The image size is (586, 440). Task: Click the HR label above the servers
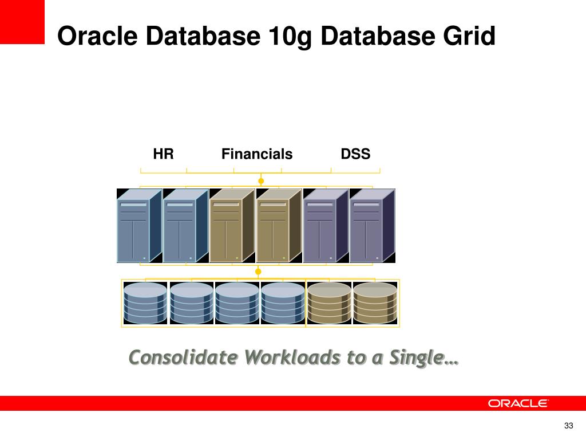tap(163, 154)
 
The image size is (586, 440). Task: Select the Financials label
tap(257, 154)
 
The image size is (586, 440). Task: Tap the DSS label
tap(355, 154)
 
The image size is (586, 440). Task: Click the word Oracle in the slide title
tap(96, 37)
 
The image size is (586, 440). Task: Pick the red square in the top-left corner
tap(22, 22)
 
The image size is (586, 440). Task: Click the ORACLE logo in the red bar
tap(518, 403)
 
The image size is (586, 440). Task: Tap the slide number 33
tap(568, 425)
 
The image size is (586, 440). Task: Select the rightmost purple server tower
tap(372, 226)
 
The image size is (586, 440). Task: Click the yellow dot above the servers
tap(261, 181)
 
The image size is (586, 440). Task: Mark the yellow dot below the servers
tap(258, 272)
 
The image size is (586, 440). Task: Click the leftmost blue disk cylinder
tap(145, 303)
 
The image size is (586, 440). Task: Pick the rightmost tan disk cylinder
tap(375, 303)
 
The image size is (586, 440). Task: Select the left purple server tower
tap(325, 226)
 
